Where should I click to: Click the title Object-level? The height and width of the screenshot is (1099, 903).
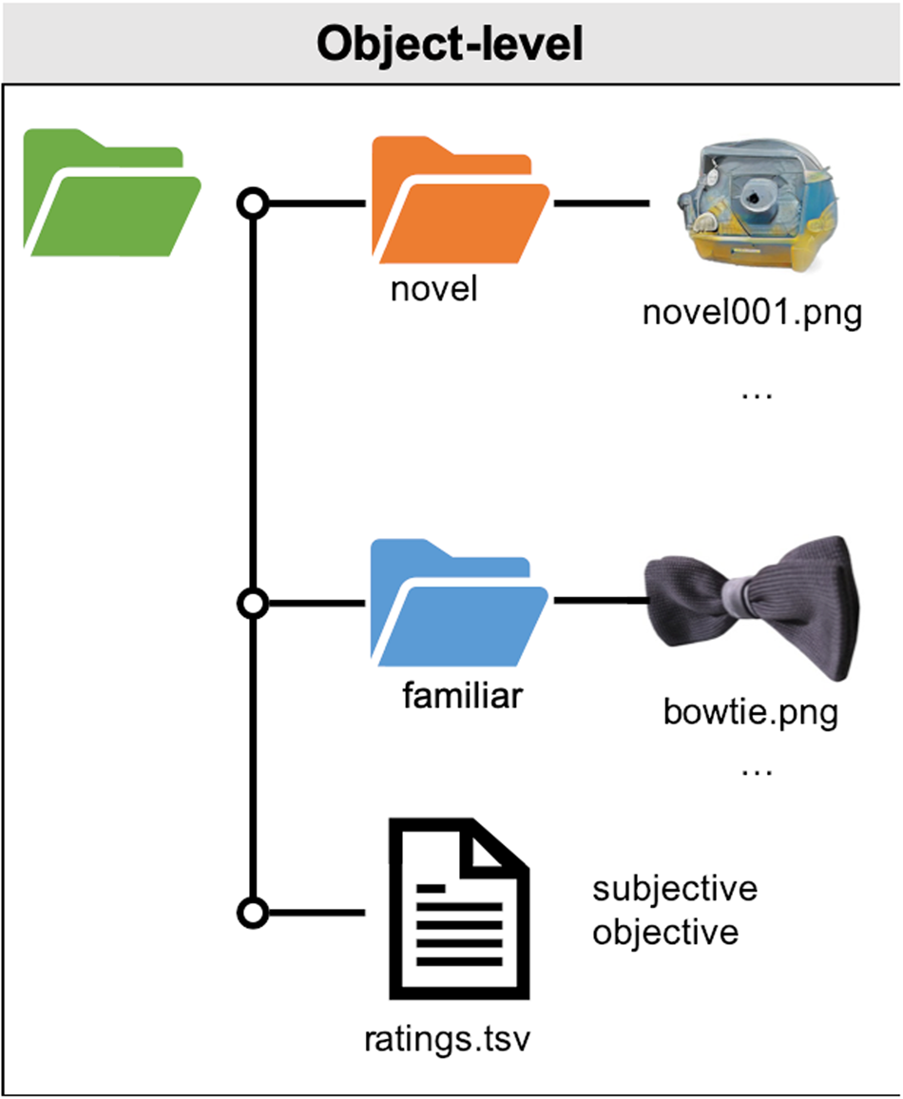[x=450, y=43]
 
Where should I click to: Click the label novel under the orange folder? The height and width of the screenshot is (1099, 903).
[x=433, y=288]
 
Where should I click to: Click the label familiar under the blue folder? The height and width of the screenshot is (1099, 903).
[x=462, y=696]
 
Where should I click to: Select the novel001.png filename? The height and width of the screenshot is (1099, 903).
[x=752, y=313]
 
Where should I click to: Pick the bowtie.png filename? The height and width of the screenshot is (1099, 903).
[x=751, y=712]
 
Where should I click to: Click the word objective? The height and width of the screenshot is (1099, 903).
[x=665, y=932]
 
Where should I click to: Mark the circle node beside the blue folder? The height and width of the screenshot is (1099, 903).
[x=252, y=603]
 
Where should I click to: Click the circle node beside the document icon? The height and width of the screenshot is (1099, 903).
[x=252, y=913]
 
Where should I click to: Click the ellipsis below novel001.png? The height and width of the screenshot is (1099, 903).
[x=757, y=393]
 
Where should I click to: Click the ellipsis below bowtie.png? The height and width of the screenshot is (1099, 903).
[x=757, y=771]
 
